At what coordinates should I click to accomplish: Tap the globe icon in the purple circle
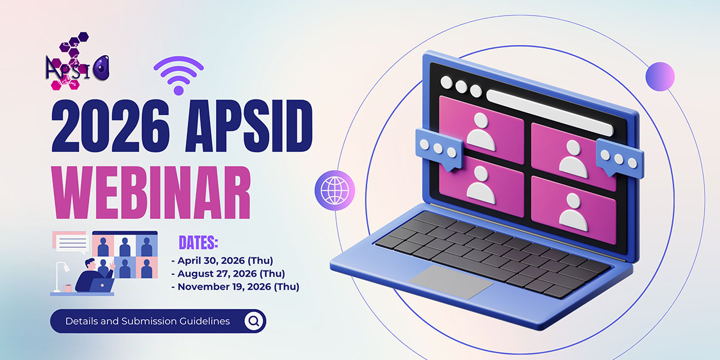coord(335,190)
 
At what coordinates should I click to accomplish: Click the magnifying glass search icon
coord(254,321)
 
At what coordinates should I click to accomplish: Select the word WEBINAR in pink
coord(151,193)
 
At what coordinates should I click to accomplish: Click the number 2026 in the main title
coord(110,125)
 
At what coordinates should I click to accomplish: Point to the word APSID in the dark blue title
coord(249,125)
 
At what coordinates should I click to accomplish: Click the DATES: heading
coord(199,242)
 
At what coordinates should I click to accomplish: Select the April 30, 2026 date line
coord(223,260)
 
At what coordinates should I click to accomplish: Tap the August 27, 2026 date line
coord(228,274)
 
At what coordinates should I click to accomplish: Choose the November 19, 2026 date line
coord(235,286)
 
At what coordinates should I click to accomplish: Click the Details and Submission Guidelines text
coord(148,321)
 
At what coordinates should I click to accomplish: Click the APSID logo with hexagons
coord(77,61)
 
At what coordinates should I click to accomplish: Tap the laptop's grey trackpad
coord(451,281)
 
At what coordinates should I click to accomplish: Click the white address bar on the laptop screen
coord(550,113)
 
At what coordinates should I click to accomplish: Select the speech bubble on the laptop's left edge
coord(439,149)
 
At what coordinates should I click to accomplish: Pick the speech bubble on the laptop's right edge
coord(620,158)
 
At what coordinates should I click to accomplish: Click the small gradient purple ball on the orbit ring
coord(660,77)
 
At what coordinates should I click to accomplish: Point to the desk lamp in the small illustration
coord(61,277)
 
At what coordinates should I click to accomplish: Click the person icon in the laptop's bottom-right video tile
coord(574,212)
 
